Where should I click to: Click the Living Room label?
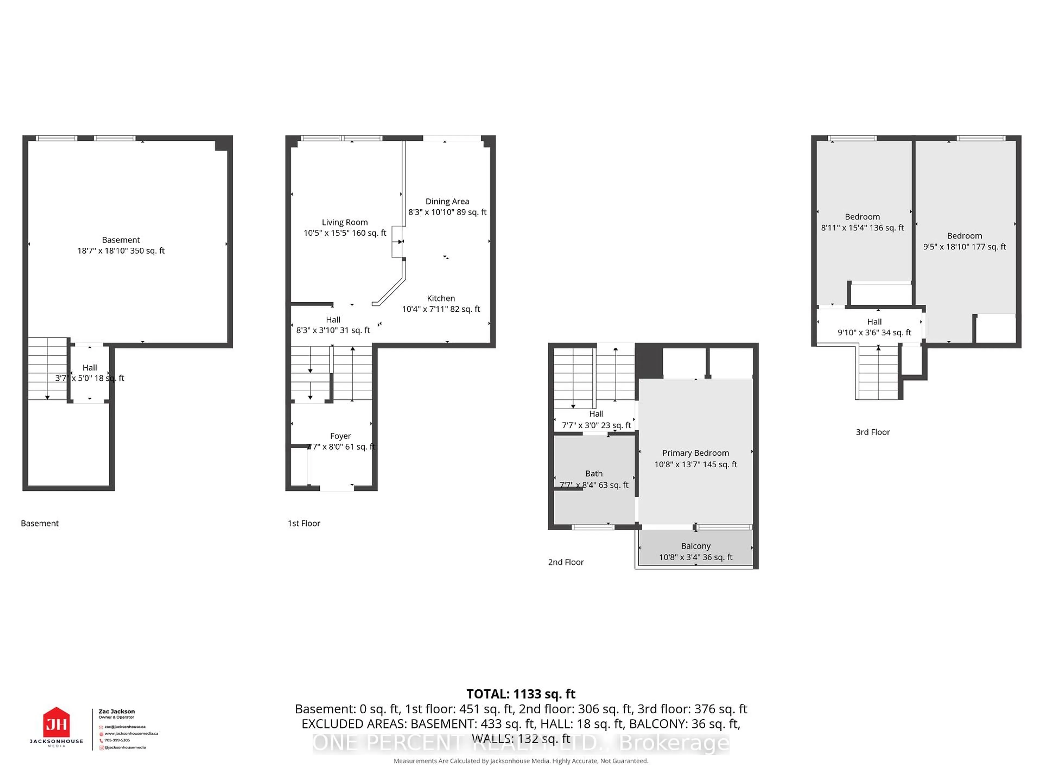[344, 222]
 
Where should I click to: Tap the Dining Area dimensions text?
[447, 212]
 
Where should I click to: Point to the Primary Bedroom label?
[695, 453]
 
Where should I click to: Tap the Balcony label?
[695, 546]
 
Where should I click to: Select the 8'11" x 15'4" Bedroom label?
[862, 222]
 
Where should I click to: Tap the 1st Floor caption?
[304, 523]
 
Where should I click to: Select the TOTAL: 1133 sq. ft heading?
[520, 694]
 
